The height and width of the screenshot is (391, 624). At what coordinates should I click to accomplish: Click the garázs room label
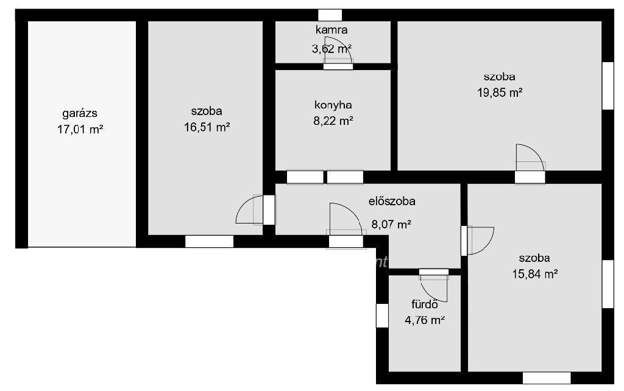80,113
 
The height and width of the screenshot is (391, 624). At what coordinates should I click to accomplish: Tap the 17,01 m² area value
80,129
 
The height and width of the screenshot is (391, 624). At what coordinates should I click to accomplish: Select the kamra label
331,30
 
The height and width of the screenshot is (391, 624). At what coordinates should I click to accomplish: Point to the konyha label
333,105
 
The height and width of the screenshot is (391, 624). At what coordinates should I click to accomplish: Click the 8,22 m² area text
333,121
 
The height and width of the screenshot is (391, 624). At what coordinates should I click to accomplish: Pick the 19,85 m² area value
500,93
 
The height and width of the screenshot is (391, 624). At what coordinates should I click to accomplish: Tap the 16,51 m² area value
207,127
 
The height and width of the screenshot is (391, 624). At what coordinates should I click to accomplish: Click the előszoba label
392,201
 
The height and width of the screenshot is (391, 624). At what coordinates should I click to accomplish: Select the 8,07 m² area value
391,224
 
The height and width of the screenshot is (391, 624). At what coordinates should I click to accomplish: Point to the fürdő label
425,305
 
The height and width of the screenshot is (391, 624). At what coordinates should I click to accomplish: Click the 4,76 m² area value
425,320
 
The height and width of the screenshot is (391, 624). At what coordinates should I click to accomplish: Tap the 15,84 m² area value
535,274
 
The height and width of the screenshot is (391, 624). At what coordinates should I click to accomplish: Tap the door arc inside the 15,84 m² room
487,247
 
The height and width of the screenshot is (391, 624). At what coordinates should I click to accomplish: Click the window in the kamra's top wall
330,15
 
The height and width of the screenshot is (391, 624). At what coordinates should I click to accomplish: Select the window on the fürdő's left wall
382,315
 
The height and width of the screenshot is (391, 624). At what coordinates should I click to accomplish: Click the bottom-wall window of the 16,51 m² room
210,241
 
